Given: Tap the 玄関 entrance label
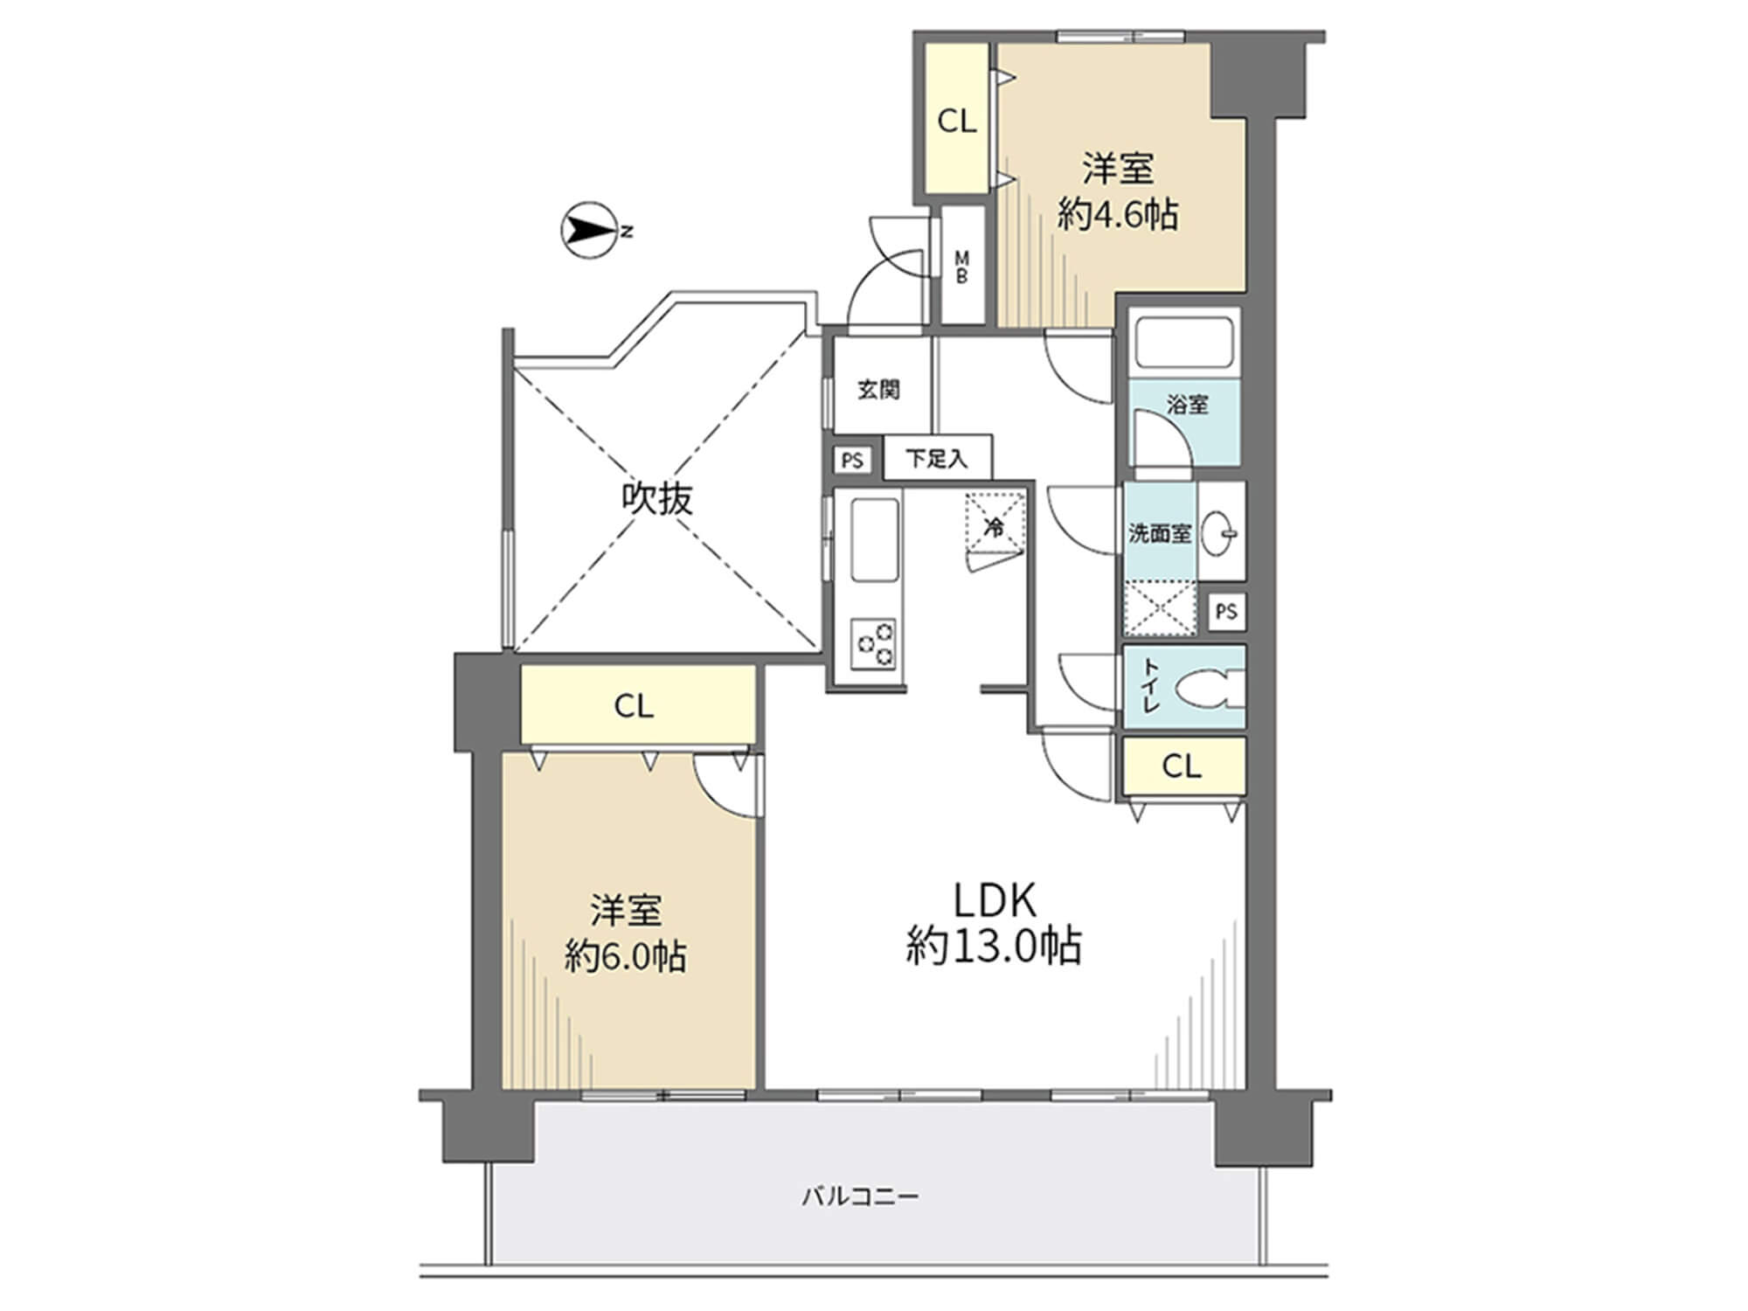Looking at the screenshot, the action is point(878,390).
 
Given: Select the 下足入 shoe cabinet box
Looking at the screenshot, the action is point(937,458).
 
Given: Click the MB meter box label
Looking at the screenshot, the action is point(961,267).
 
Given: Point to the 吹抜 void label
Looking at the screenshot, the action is point(657,499).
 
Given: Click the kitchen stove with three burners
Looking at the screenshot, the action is point(876,645).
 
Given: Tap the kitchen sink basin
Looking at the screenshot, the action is point(875,540).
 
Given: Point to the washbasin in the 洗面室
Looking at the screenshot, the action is point(1220,531).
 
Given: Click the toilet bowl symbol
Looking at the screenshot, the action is point(1210,688).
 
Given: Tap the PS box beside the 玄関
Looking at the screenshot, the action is point(852,460).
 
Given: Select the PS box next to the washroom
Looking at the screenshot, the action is point(1226,611).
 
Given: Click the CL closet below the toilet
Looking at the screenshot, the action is point(1183,766).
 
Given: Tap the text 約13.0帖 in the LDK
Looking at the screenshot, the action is point(994,946).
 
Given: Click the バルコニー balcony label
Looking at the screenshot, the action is point(861,1196).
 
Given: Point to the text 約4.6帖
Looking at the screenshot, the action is point(1118,214).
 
